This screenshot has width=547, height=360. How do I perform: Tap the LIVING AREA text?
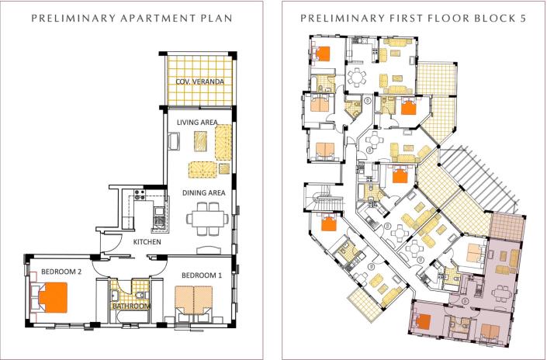point(196,122)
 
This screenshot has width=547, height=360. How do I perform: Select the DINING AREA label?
point(203,192)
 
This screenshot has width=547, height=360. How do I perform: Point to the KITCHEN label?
point(147,242)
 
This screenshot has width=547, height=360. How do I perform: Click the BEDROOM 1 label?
point(202,275)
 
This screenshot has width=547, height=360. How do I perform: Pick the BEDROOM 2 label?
point(51,271)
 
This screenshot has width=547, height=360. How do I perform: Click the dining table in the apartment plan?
point(207,217)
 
